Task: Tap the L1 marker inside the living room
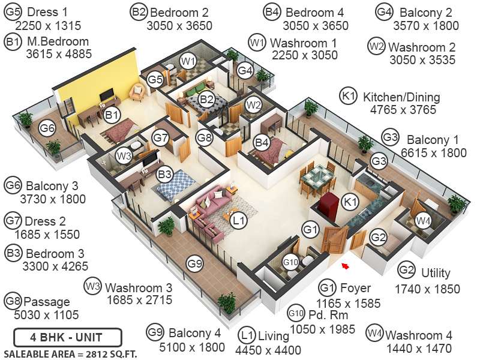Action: [x=239, y=221]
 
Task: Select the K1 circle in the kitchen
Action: [x=349, y=203]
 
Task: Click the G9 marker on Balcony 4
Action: [x=194, y=263]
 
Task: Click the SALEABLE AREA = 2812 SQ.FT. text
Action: [x=70, y=353]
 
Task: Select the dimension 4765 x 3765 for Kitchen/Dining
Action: [x=401, y=110]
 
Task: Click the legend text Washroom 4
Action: [x=419, y=335]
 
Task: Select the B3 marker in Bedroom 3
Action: [x=164, y=175]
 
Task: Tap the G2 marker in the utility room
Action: [x=377, y=238]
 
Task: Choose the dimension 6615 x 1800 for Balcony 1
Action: [x=428, y=152]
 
